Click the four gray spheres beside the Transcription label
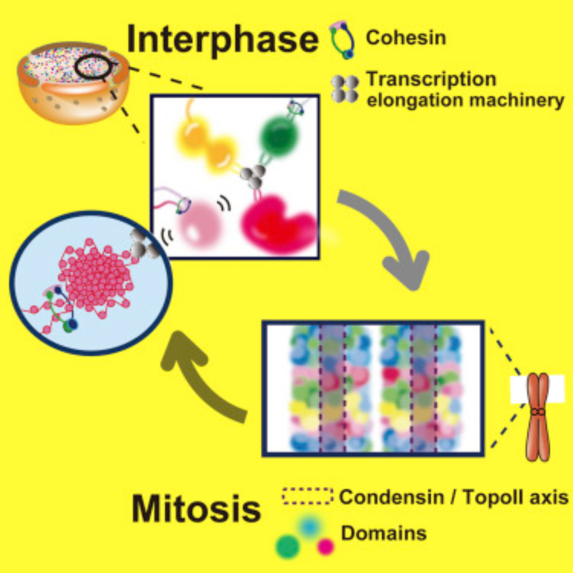[345, 89]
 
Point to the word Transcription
[432, 79]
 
